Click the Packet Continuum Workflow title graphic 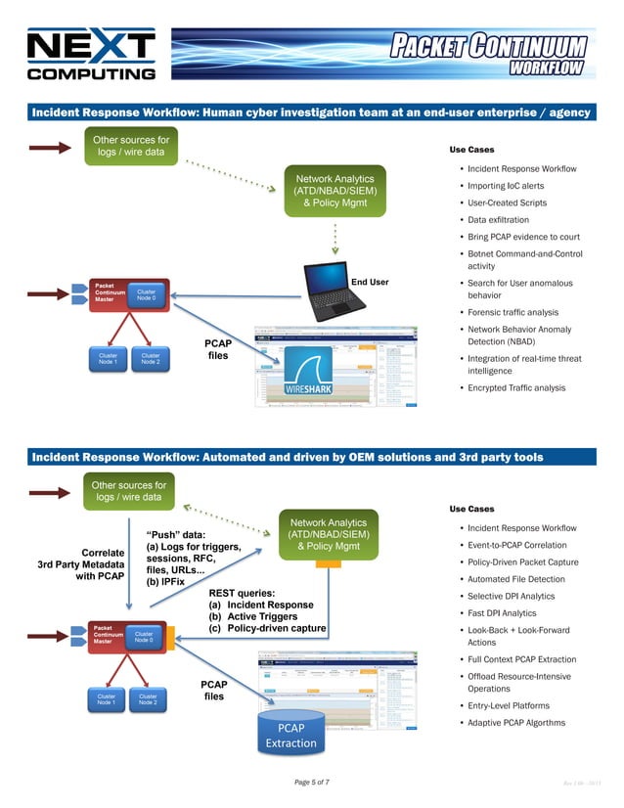click(x=488, y=54)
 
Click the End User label click(x=370, y=283)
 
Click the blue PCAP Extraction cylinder click(x=290, y=734)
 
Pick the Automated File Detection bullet click(x=516, y=579)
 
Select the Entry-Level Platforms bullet click(x=509, y=706)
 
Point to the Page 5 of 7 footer click(x=312, y=783)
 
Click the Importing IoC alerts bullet click(x=506, y=186)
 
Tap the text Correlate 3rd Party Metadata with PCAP click(x=81, y=563)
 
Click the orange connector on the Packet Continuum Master click(x=170, y=638)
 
